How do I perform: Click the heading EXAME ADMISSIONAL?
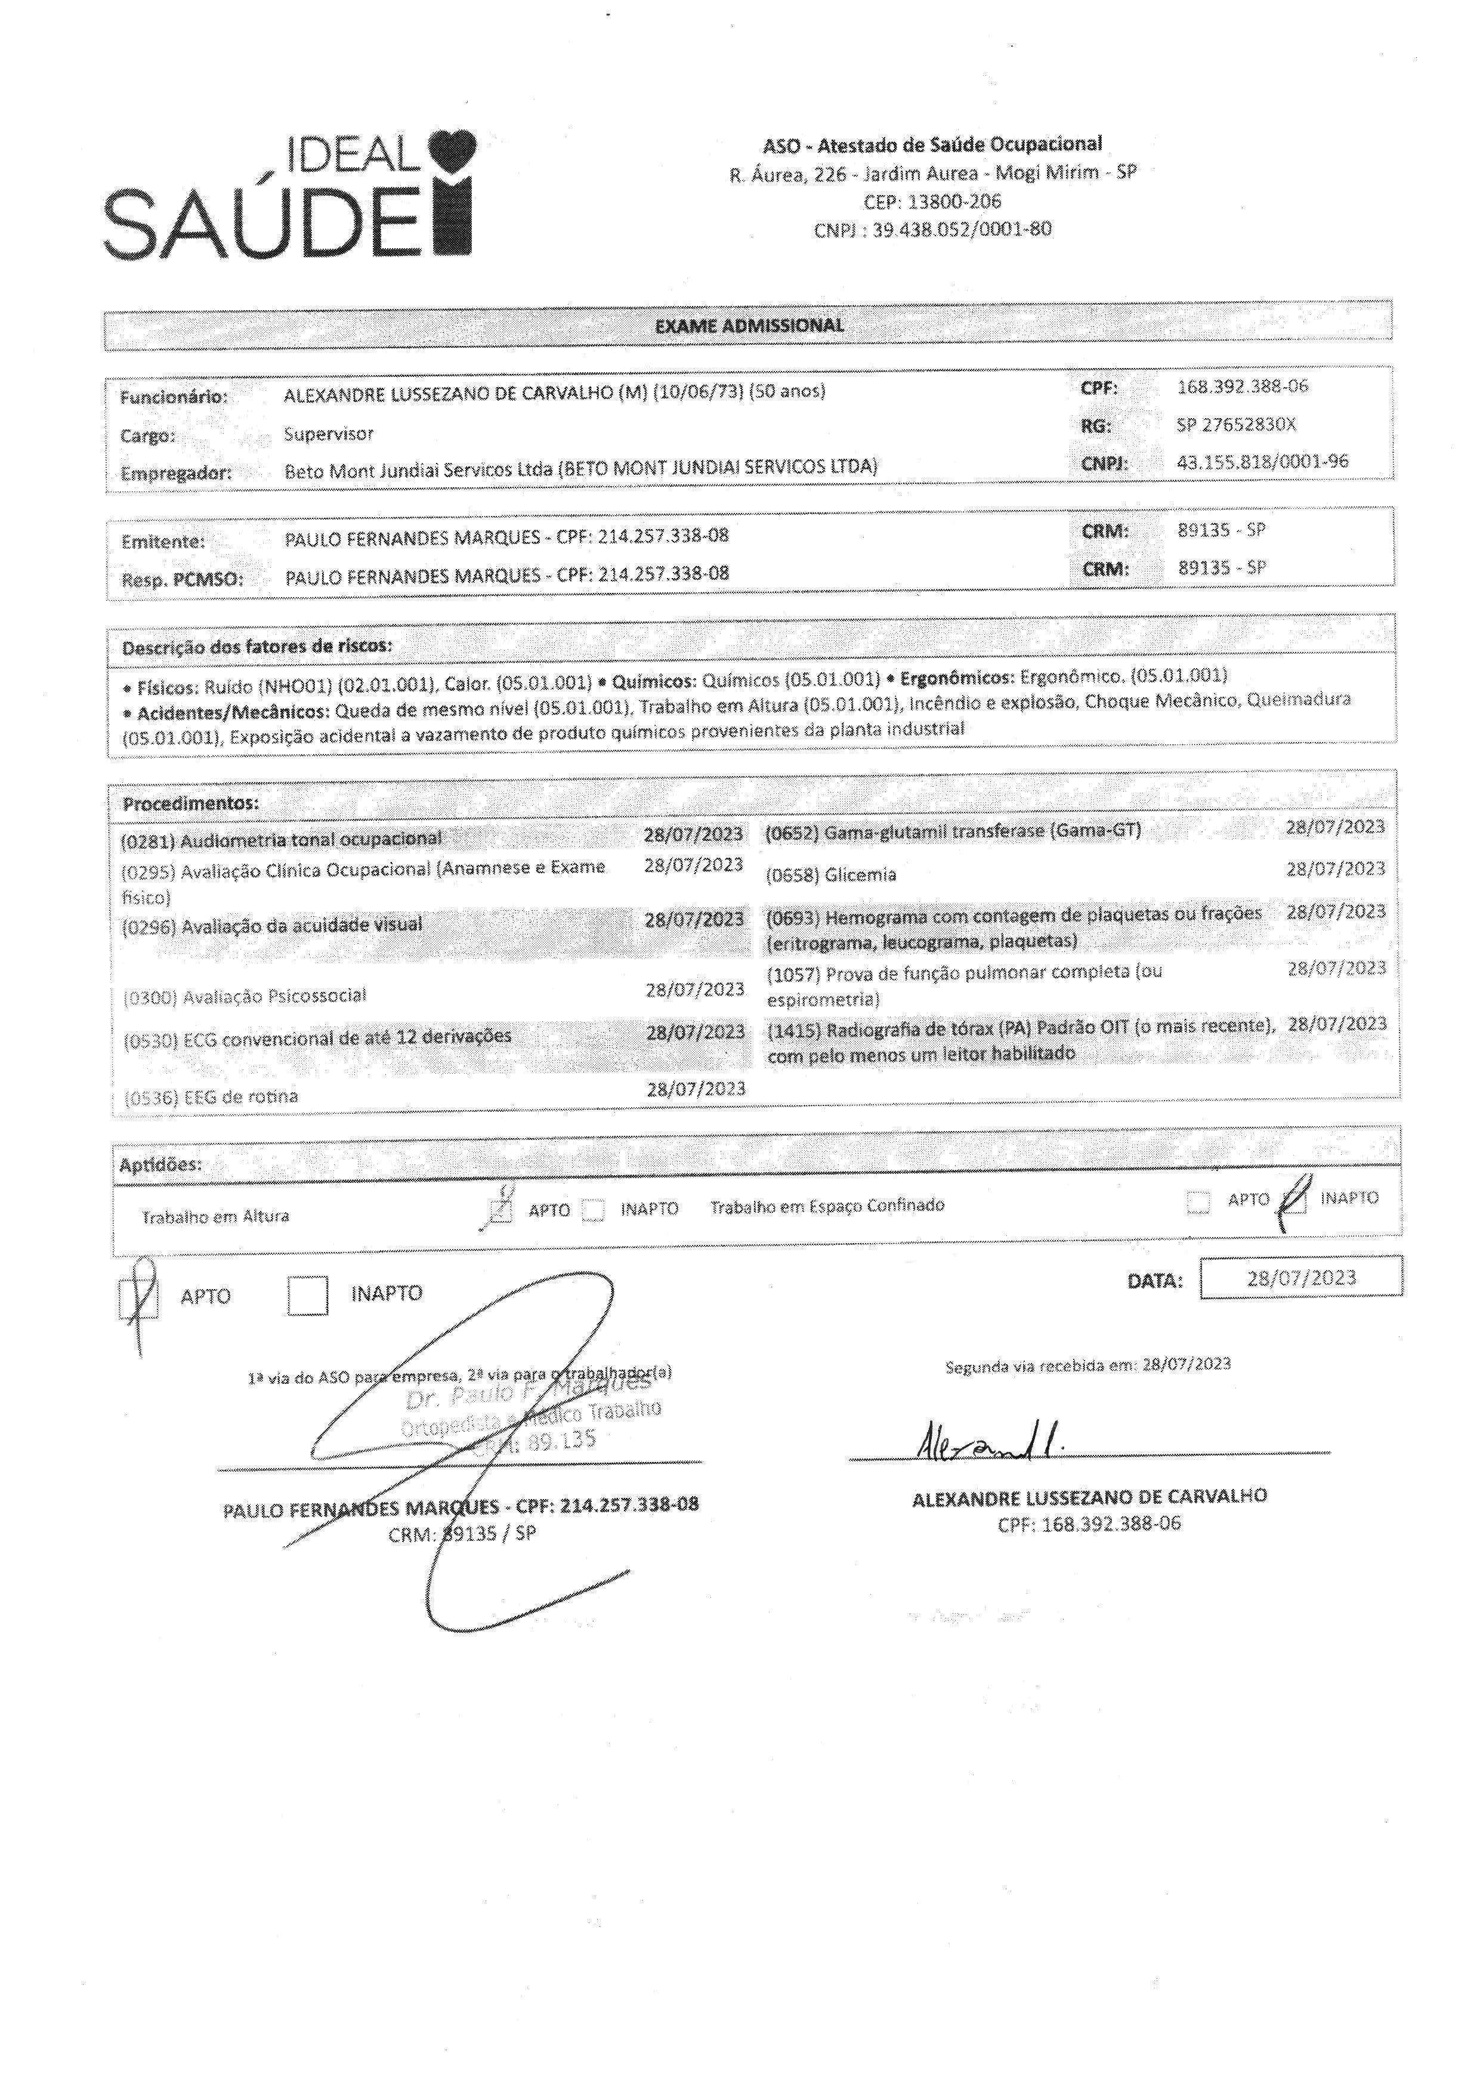[x=749, y=325]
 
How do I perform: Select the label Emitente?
[x=163, y=541]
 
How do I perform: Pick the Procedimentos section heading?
[x=190, y=804]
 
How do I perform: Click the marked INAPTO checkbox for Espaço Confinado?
[x=1295, y=1201]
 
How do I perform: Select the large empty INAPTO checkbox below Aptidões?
[x=307, y=1294]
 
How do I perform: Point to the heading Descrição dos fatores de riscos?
[x=257, y=646]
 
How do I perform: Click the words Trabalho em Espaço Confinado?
[x=827, y=1206]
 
